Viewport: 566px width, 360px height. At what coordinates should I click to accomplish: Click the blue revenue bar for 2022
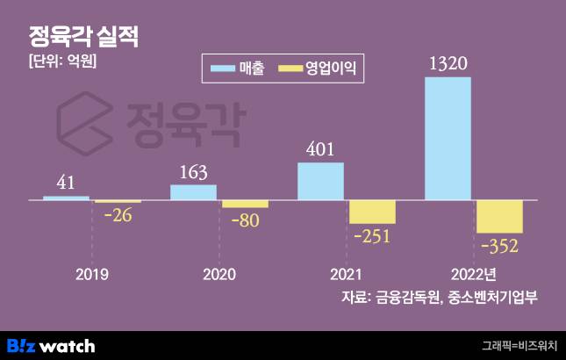tap(448, 139)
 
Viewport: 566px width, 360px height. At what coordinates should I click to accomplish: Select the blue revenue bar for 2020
tap(193, 192)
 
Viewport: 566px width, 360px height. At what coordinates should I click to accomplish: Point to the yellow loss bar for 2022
tap(499, 217)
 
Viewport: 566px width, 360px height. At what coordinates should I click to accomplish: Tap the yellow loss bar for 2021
tap(372, 212)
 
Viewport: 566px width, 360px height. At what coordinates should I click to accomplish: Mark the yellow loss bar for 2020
tap(245, 204)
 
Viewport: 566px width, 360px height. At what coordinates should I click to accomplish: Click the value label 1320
tap(448, 64)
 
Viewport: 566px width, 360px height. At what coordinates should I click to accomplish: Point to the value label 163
tap(193, 172)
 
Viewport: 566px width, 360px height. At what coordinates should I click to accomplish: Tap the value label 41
tap(66, 184)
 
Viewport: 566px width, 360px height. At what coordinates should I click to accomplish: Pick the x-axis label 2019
tap(92, 274)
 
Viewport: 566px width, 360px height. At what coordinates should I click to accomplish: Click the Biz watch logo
tap(51, 345)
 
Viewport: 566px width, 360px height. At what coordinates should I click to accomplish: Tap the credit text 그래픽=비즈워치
tap(519, 345)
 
